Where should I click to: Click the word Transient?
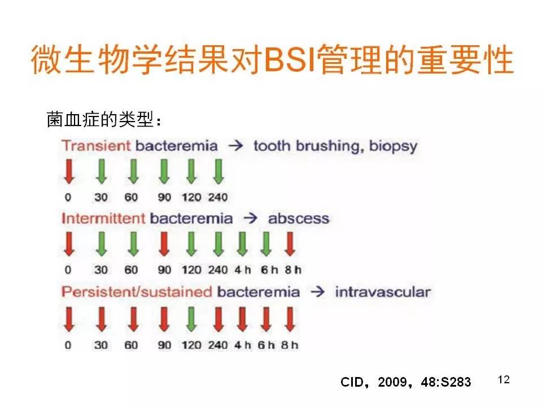point(96,146)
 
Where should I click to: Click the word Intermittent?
point(103,218)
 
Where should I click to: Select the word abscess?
point(299,218)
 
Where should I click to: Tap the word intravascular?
point(383,292)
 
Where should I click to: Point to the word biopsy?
point(394,146)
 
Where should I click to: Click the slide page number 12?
point(504,379)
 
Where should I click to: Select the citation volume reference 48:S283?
point(446,382)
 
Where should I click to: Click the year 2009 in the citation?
point(392,382)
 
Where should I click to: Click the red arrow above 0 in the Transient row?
point(69,171)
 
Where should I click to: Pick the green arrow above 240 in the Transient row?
point(218,171)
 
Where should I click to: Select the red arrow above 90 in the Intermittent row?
point(164,244)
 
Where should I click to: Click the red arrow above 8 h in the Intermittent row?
point(290,244)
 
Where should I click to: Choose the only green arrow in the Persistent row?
point(191,319)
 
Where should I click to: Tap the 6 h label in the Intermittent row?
point(269,270)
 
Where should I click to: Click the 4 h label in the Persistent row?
point(242,345)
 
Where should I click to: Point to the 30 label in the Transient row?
point(101,197)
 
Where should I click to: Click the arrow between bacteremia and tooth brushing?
point(236,146)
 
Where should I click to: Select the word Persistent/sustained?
point(137,292)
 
